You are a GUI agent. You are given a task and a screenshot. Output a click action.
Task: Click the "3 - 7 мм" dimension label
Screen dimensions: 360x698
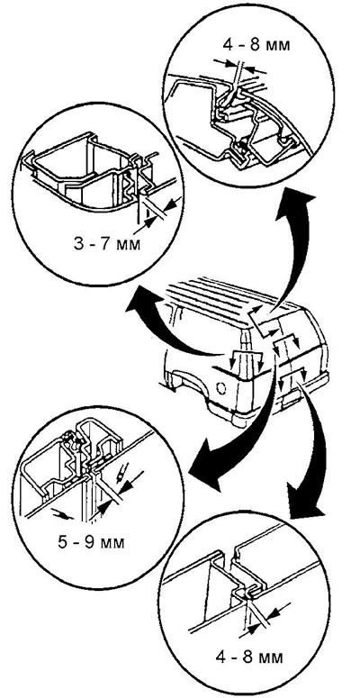pyautogui.click(x=106, y=244)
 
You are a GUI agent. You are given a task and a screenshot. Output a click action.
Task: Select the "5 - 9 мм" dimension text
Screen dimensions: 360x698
pyautogui.click(x=91, y=543)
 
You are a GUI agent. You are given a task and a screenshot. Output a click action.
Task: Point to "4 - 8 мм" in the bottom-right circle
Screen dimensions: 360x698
pyautogui.click(x=249, y=657)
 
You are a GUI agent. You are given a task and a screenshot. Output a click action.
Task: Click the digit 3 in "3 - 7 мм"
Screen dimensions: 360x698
pyautogui.click(x=78, y=244)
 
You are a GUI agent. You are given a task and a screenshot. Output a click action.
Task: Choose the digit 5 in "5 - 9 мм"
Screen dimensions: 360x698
pyautogui.click(x=63, y=543)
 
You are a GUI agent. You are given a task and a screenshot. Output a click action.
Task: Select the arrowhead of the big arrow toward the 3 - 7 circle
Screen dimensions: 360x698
pyautogui.click(x=140, y=302)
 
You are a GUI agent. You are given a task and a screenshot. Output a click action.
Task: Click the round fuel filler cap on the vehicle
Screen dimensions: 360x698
pyautogui.click(x=221, y=387)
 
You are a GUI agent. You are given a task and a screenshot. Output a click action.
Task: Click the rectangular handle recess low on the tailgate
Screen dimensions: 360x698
pyautogui.click(x=292, y=399)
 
